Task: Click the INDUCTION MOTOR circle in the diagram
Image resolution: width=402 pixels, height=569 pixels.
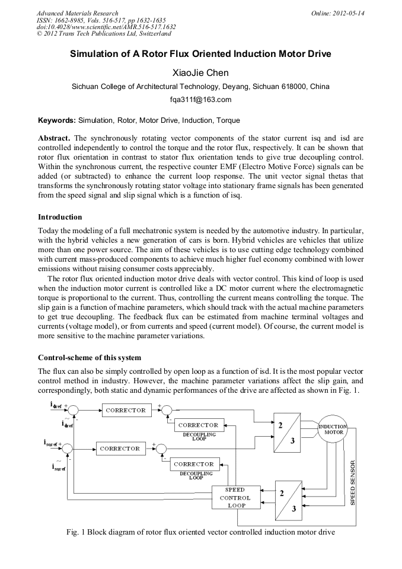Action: pyautogui.click(x=333, y=429)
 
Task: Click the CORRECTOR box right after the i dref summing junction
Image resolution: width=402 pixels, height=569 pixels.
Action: pyautogui.click(x=126, y=410)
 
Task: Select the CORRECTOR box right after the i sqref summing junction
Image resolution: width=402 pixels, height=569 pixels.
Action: pyautogui.click(x=120, y=449)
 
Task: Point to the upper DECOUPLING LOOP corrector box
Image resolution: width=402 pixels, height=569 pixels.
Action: pyautogui.click(x=198, y=425)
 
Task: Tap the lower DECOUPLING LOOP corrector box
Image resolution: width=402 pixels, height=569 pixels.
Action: pyautogui.click(x=194, y=464)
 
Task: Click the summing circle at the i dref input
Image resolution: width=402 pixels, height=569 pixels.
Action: pyautogui.click(x=74, y=410)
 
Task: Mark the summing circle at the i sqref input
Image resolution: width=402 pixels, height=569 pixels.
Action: pyautogui.click(x=68, y=449)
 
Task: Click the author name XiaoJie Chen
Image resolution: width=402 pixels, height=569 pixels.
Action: pyautogui.click(x=200, y=74)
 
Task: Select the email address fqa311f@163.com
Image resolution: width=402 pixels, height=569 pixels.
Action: pyautogui.click(x=200, y=100)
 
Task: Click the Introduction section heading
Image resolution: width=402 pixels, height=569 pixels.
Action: pyautogui.click(x=60, y=217)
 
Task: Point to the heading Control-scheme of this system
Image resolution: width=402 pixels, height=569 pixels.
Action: pyautogui.click(x=90, y=357)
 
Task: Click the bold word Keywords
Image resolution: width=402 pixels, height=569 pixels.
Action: pyautogui.click(x=56, y=120)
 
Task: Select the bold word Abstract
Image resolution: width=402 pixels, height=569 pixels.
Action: pyautogui.click(x=55, y=138)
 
